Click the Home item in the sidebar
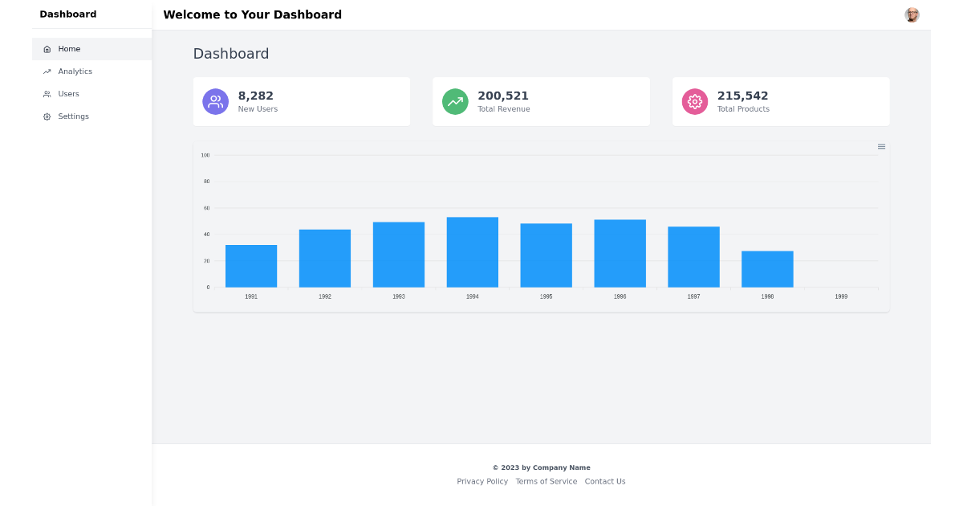point(69,49)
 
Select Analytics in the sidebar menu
point(75,71)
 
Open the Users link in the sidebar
point(68,94)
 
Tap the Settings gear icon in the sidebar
point(47,116)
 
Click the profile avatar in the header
point(912,14)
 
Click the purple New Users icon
point(215,101)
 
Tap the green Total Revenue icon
point(455,101)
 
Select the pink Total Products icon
point(695,101)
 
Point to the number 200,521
point(503,96)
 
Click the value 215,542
point(742,96)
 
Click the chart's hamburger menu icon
point(881,146)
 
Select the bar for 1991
point(251,266)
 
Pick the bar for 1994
point(473,252)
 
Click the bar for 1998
point(767,269)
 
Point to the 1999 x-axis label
point(841,296)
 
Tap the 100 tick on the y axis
point(205,155)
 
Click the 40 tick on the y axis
point(206,235)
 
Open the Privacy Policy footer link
point(482,481)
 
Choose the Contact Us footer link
point(605,481)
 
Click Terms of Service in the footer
point(547,481)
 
